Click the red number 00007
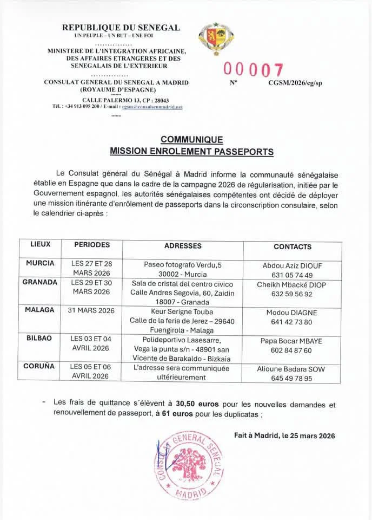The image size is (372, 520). pyautogui.click(x=253, y=70)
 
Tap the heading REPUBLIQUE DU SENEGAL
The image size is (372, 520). pyautogui.click(x=121, y=28)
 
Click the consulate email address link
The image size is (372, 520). pyautogui.click(x=152, y=107)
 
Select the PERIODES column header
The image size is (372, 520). pyautogui.click(x=92, y=245)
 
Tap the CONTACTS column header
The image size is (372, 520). pyautogui.click(x=293, y=246)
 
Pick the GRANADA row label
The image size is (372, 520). pyautogui.click(x=40, y=282)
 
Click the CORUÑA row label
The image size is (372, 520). pyautogui.click(x=39, y=367)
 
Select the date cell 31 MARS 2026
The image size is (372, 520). pyautogui.click(x=91, y=310)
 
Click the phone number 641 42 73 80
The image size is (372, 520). pyautogui.click(x=293, y=322)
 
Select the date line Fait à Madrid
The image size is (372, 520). pyautogui.click(x=284, y=435)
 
